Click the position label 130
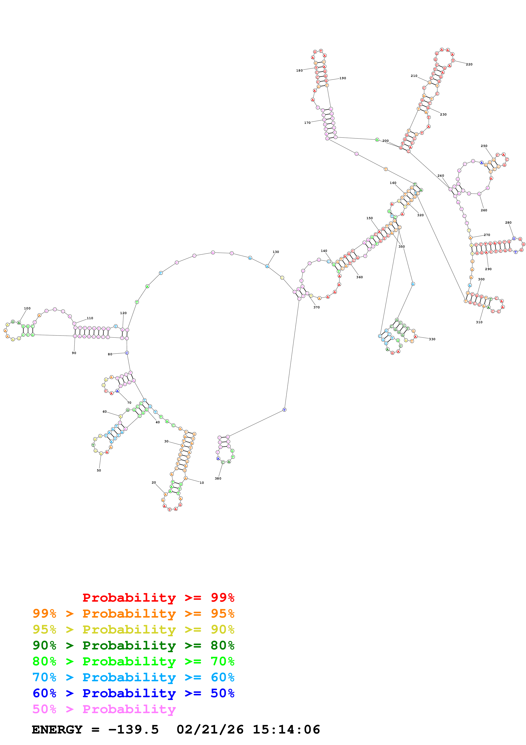(x=275, y=252)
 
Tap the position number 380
(x=218, y=478)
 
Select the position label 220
(x=469, y=64)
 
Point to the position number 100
(x=27, y=308)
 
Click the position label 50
(x=99, y=470)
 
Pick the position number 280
(x=508, y=223)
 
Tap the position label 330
(x=432, y=339)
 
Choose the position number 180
(x=299, y=71)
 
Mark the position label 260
(x=484, y=210)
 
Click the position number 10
(x=202, y=483)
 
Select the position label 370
(x=316, y=307)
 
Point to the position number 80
(x=110, y=354)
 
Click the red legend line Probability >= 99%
(x=158, y=597)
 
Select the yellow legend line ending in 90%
(x=133, y=629)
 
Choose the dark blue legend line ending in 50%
(x=133, y=693)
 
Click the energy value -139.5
(x=133, y=729)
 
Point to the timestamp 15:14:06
(x=286, y=729)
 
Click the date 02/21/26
(x=210, y=729)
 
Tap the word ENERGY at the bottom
(x=57, y=729)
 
